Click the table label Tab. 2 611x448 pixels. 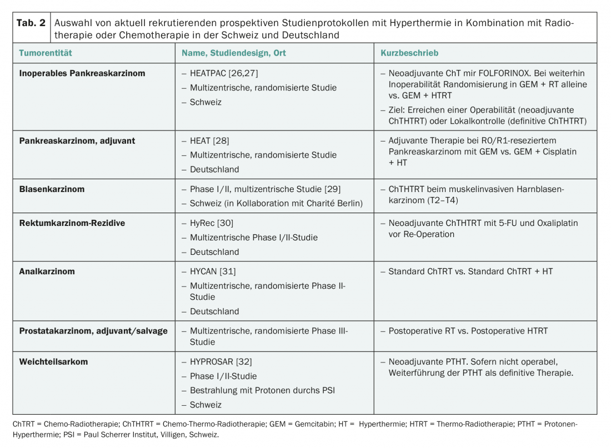(x=31, y=23)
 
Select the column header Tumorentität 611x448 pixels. (x=46, y=53)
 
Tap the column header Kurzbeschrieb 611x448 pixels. (x=409, y=53)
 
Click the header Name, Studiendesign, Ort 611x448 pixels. (x=234, y=53)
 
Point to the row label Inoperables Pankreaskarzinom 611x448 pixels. (x=82, y=73)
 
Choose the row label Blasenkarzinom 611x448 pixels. (x=52, y=189)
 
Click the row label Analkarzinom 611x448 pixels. (x=47, y=271)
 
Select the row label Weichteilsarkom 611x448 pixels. (x=53, y=361)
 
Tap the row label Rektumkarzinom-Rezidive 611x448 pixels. (x=72, y=223)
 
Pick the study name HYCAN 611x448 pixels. (x=204, y=271)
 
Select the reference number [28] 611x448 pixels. (x=221, y=141)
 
